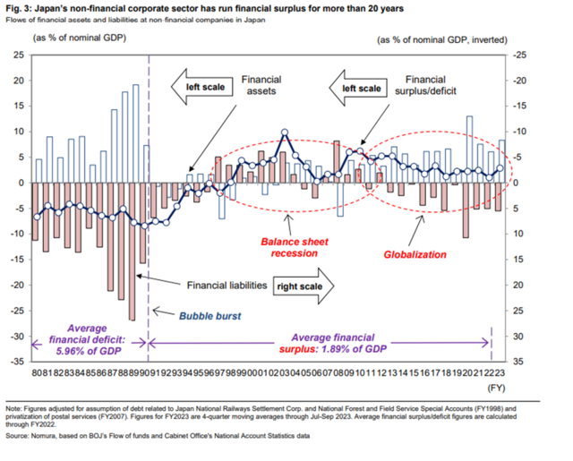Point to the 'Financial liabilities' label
(x=227, y=286)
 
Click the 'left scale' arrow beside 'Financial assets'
(x=202, y=87)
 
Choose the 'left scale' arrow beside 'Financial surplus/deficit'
(x=356, y=87)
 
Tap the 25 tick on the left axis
(x=19, y=55)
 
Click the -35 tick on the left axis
(x=18, y=362)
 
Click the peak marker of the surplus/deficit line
(x=285, y=132)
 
